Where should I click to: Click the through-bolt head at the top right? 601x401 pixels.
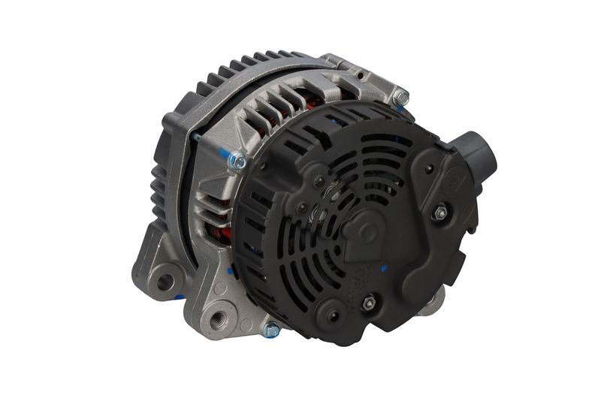coord(402,98)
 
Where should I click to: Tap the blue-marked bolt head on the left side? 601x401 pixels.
coord(237,159)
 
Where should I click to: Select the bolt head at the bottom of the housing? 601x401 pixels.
coord(271,329)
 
